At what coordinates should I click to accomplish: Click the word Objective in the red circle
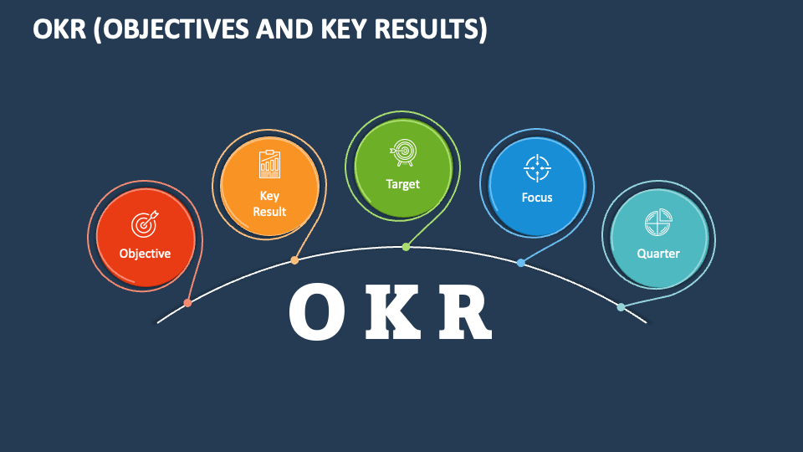click(145, 254)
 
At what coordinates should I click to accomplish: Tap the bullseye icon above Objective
click(145, 223)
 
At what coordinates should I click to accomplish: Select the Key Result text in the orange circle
click(269, 203)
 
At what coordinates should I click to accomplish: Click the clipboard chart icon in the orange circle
click(269, 164)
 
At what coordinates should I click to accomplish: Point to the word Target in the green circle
click(402, 184)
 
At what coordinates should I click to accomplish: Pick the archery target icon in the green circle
click(402, 152)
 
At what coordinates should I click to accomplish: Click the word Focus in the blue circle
click(537, 198)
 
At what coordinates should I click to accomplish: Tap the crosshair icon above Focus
click(537, 167)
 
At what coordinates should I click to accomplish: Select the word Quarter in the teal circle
click(658, 254)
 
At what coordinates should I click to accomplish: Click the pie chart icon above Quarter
click(658, 223)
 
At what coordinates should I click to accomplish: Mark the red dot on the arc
click(187, 303)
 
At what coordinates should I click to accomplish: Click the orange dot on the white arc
click(294, 260)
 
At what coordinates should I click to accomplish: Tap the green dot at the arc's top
click(406, 247)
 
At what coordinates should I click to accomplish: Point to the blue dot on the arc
click(521, 263)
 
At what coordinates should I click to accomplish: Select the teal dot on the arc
click(621, 307)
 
